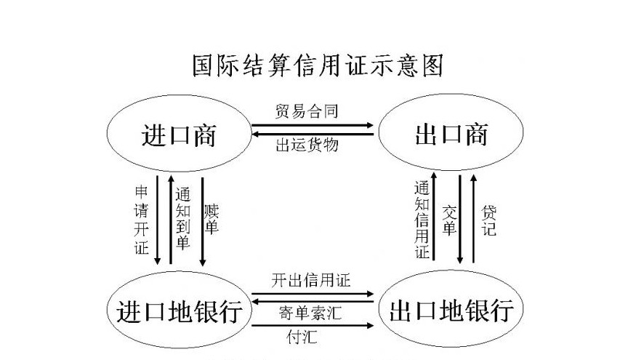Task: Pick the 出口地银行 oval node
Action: (x=451, y=311)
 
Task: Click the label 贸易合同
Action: (x=306, y=111)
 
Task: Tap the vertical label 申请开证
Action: (x=142, y=220)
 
